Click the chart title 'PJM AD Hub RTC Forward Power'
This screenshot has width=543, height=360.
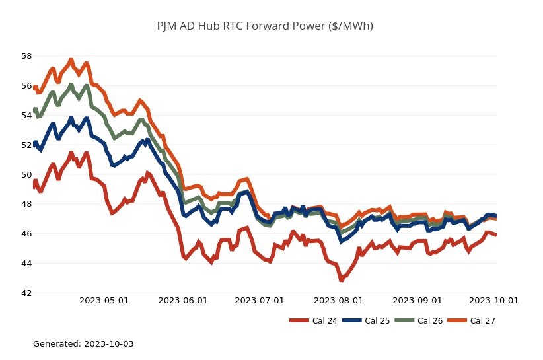tap(265, 26)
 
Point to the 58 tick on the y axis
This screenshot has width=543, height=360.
tap(26, 56)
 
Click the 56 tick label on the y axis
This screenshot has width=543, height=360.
tap(26, 86)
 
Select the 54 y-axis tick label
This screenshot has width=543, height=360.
tap(26, 116)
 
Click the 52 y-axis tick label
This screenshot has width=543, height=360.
tap(26, 145)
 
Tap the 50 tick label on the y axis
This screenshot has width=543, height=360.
tap(26, 175)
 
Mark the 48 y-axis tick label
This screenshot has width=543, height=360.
tap(26, 204)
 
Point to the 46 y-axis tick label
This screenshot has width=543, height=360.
tap(26, 234)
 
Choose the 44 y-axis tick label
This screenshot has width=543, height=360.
tap(26, 264)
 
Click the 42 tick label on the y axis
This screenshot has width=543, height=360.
tap(26, 293)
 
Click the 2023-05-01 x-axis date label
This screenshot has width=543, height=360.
tap(104, 301)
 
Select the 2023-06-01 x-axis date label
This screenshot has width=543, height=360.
tap(183, 301)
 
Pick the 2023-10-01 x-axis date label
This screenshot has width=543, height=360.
tap(493, 301)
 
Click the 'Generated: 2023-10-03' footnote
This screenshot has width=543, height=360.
tap(83, 344)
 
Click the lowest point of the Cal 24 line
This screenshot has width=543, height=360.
tap(342, 280)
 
